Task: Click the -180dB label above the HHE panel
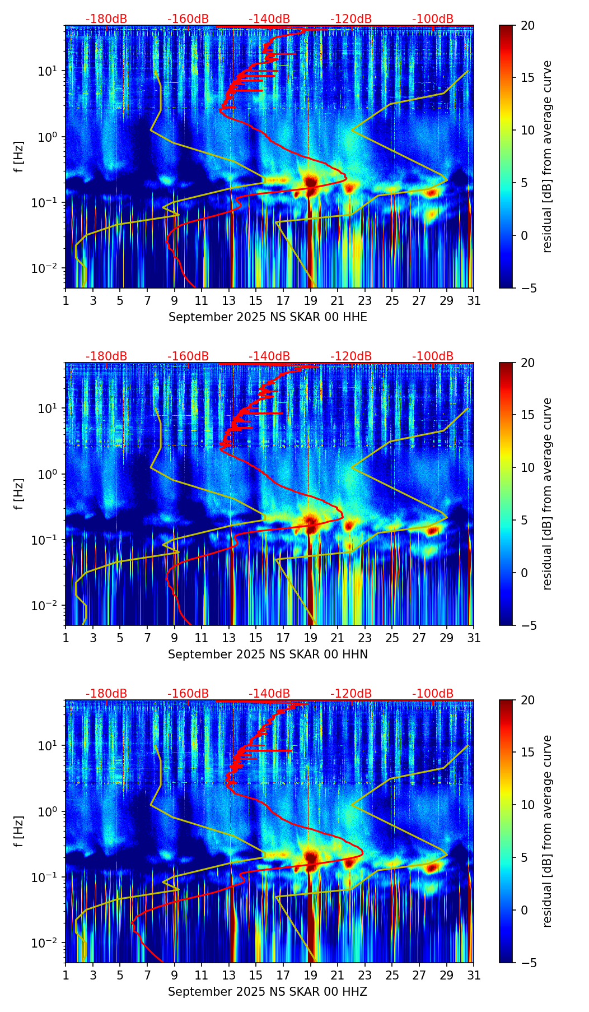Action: pyautogui.click(x=106, y=19)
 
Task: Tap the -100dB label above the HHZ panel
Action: pyautogui.click(x=433, y=694)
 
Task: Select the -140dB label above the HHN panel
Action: pyautogui.click(x=269, y=356)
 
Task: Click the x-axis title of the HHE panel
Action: pyautogui.click(x=268, y=317)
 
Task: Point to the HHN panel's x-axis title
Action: pyautogui.click(x=268, y=654)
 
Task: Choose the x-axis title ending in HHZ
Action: pyautogui.click(x=268, y=992)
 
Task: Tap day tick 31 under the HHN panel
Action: pyautogui.click(x=474, y=638)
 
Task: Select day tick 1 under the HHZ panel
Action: pyautogui.click(x=66, y=976)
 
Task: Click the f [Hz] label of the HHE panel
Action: pyautogui.click(x=20, y=156)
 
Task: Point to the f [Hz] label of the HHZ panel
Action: pyautogui.click(x=20, y=831)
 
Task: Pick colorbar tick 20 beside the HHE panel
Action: pyautogui.click(x=528, y=26)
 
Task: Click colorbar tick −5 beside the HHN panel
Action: pyautogui.click(x=527, y=625)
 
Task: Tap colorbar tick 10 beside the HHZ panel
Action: pyautogui.click(x=528, y=805)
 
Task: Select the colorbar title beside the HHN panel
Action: pyautogui.click(x=548, y=494)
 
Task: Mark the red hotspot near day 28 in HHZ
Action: pyautogui.click(x=432, y=867)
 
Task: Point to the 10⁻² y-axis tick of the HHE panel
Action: pyautogui.click(x=50, y=268)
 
